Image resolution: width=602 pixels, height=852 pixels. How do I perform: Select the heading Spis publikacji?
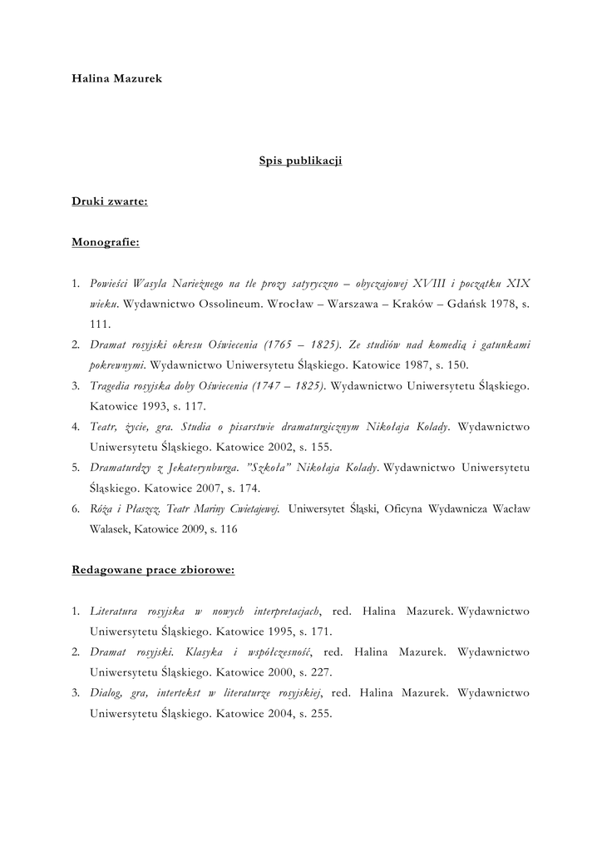tap(301, 161)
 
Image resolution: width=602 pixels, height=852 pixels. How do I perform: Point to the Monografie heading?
tap(106, 242)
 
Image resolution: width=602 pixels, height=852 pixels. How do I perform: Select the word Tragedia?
tap(111, 386)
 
